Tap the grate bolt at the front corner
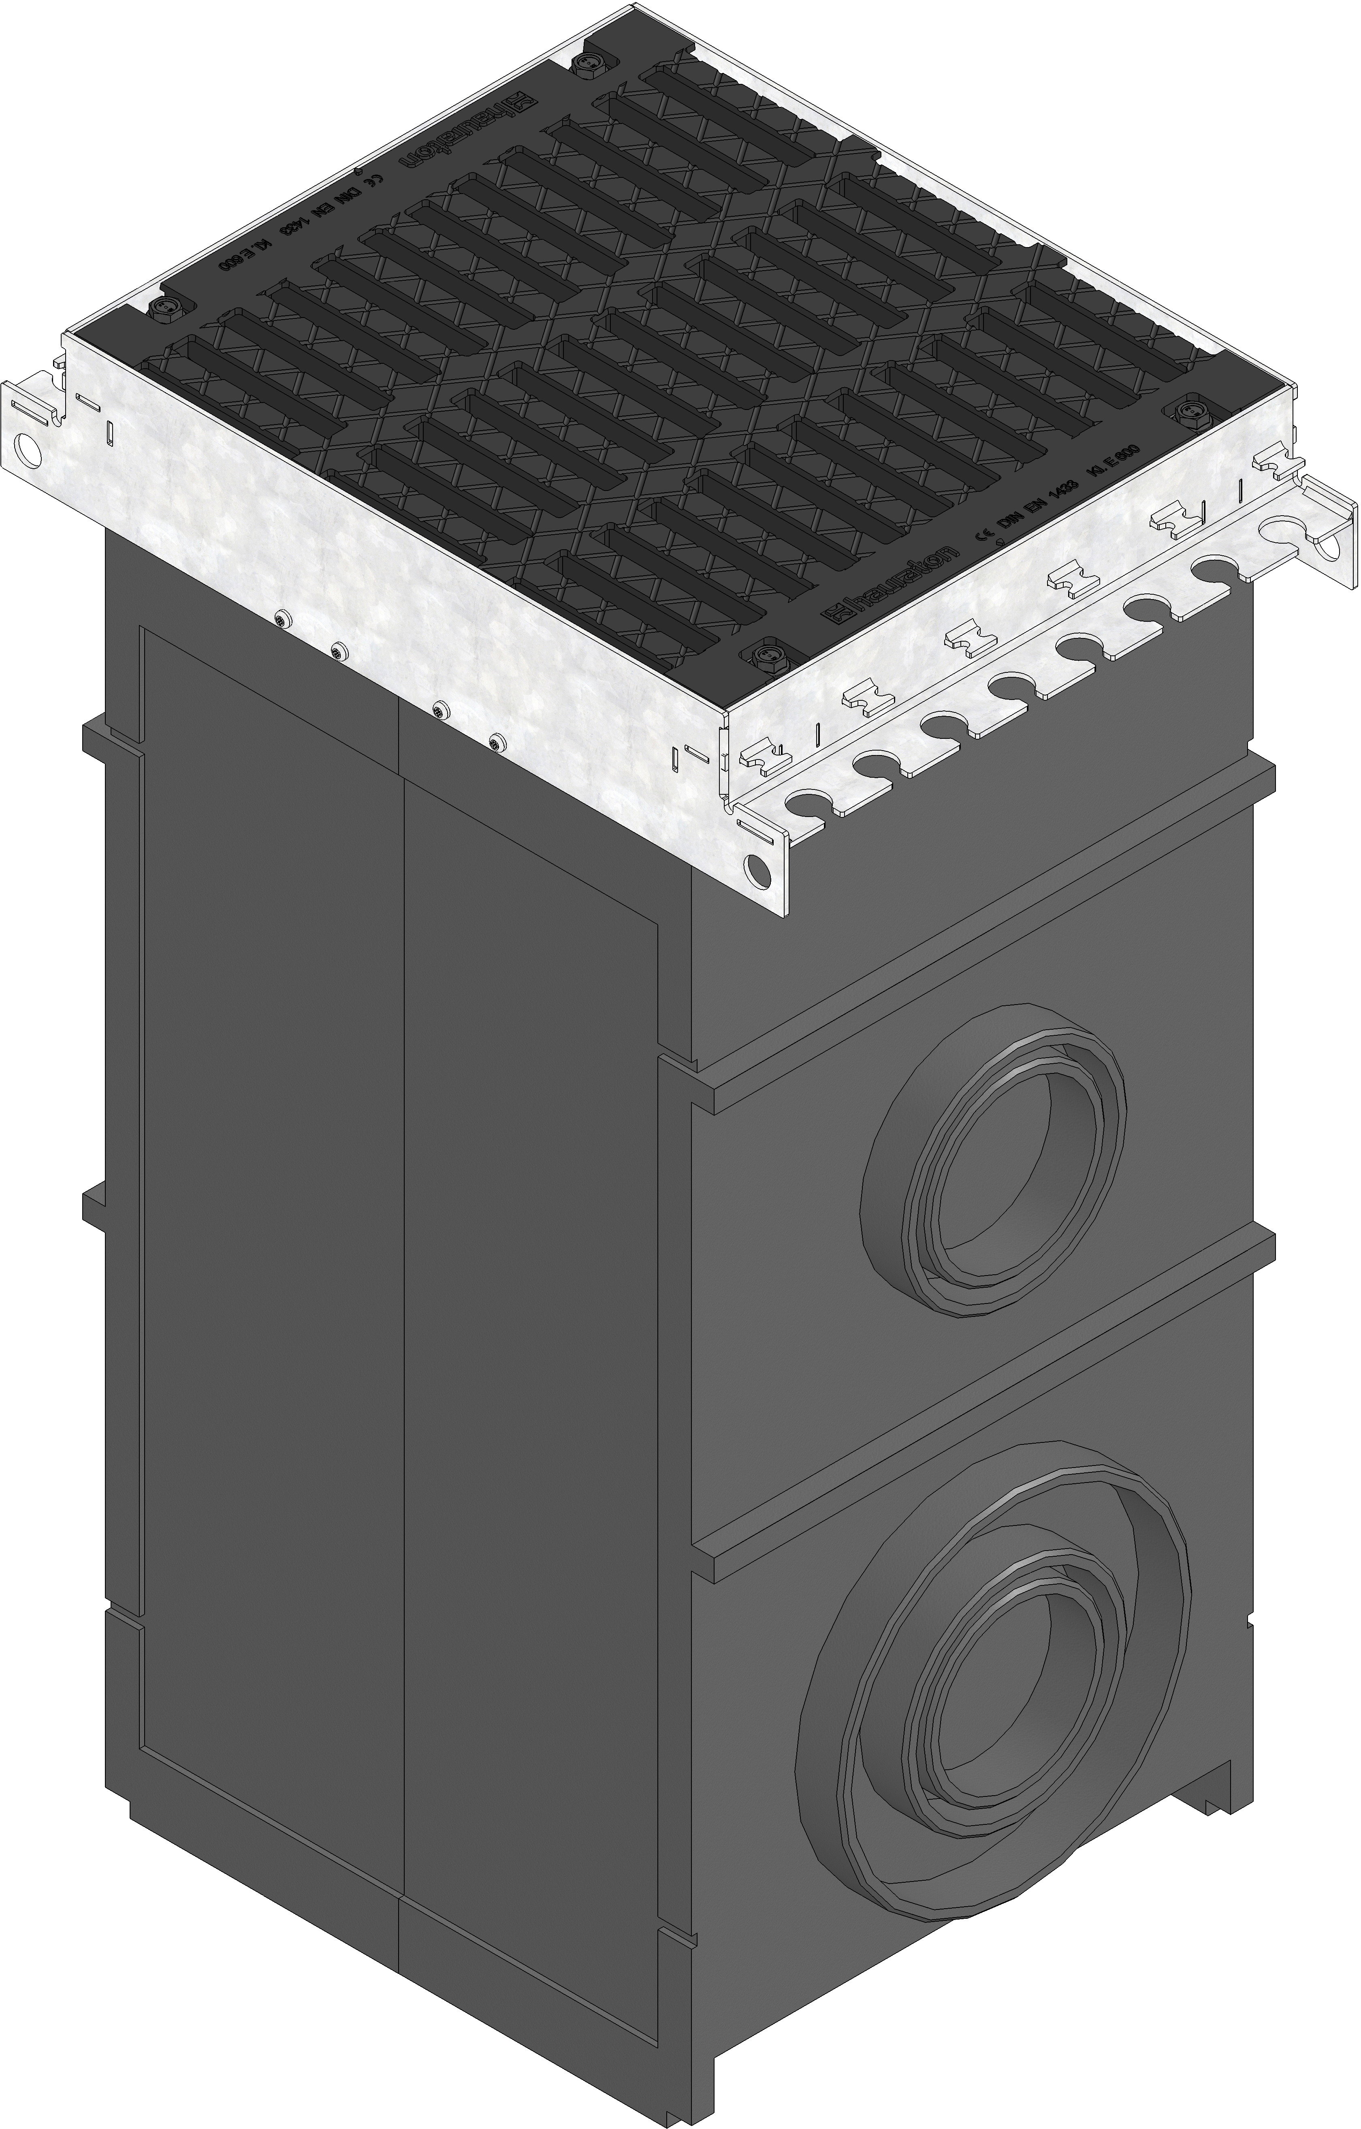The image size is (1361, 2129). (x=764, y=656)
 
